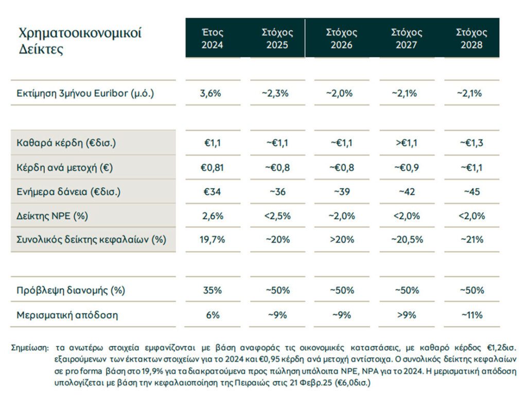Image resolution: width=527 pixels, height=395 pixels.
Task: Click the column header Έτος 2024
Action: pyautogui.click(x=213, y=39)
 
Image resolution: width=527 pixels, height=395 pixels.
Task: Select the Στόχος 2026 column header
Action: pyautogui.click(x=342, y=39)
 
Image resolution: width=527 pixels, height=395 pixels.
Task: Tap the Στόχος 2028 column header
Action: pyautogui.click(x=471, y=39)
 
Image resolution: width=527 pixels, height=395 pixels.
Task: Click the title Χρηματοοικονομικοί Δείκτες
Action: pyautogui.click(x=80, y=41)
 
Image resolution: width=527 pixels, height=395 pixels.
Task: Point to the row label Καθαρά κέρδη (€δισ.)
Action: pyautogui.click(x=66, y=143)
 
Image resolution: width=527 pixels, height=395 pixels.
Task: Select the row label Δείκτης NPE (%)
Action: pyautogui.click(x=52, y=216)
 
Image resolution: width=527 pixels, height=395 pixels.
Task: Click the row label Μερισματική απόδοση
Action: pyautogui.click(x=67, y=315)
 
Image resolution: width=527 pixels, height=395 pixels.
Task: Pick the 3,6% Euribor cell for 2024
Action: pyautogui.click(x=210, y=93)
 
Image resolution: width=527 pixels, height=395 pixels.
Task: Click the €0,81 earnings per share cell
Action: pyautogui.click(x=212, y=167)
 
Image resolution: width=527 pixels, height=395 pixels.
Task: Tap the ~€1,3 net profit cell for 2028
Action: pyautogui.click(x=471, y=143)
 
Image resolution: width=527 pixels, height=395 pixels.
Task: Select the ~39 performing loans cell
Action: pyautogui.click(x=342, y=192)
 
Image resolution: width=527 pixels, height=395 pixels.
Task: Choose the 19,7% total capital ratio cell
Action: pyautogui.click(x=212, y=240)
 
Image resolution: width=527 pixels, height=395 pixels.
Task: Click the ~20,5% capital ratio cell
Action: pyautogui.click(x=407, y=240)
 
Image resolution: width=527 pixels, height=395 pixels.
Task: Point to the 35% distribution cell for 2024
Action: pyautogui.click(x=213, y=290)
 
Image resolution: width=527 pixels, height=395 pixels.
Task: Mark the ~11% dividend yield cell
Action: pyautogui.click(x=472, y=315)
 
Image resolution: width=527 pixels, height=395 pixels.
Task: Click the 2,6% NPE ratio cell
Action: pyautogui.click(x=213, y=216)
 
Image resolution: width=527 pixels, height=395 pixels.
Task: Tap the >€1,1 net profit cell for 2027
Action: pyautogui.click(x=407, y=143)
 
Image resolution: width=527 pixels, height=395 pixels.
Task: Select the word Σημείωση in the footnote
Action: pyautogui.click(x=29, y=348)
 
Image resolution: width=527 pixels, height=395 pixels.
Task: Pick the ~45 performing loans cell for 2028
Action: pyautogui.click(x=472, y=192)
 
